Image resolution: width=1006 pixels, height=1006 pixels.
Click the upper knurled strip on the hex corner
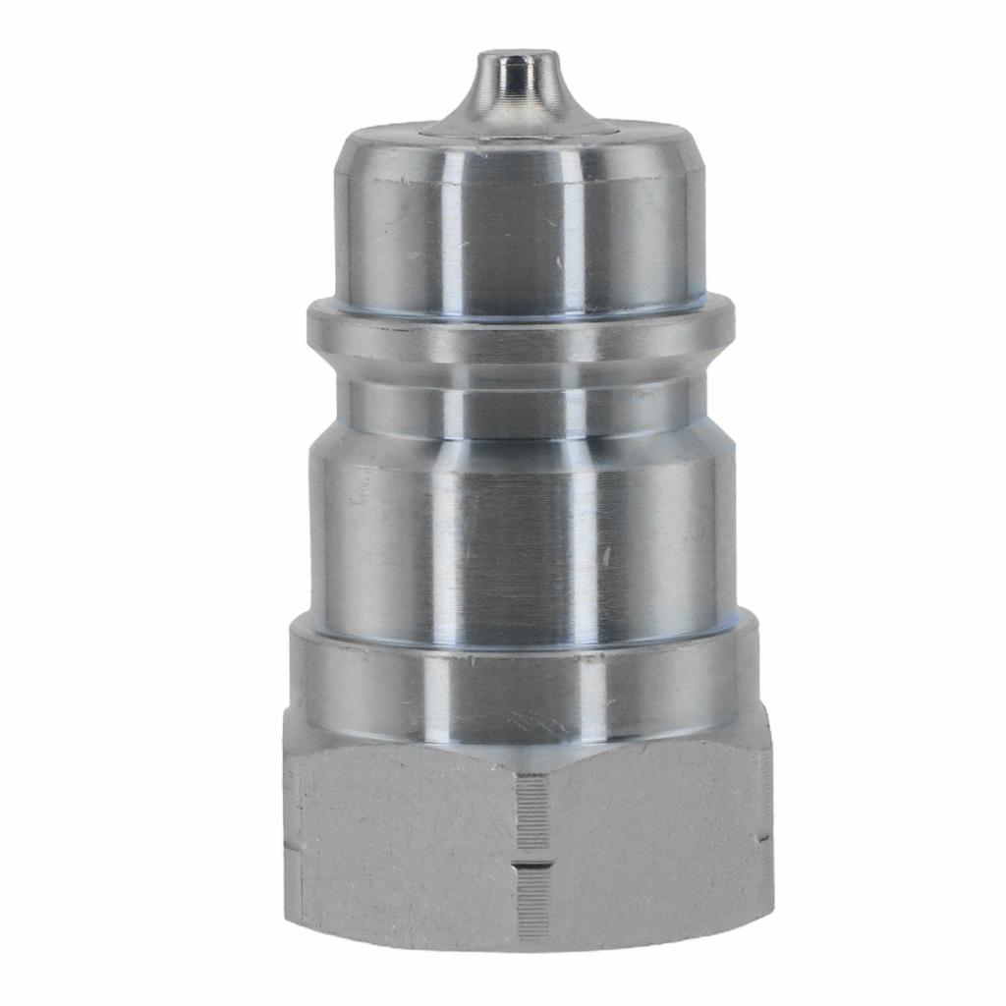pyautogui.click(x=532, y=810)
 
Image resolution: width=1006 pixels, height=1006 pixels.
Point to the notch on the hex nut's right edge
pyautogui.click(x=765, y=840)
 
